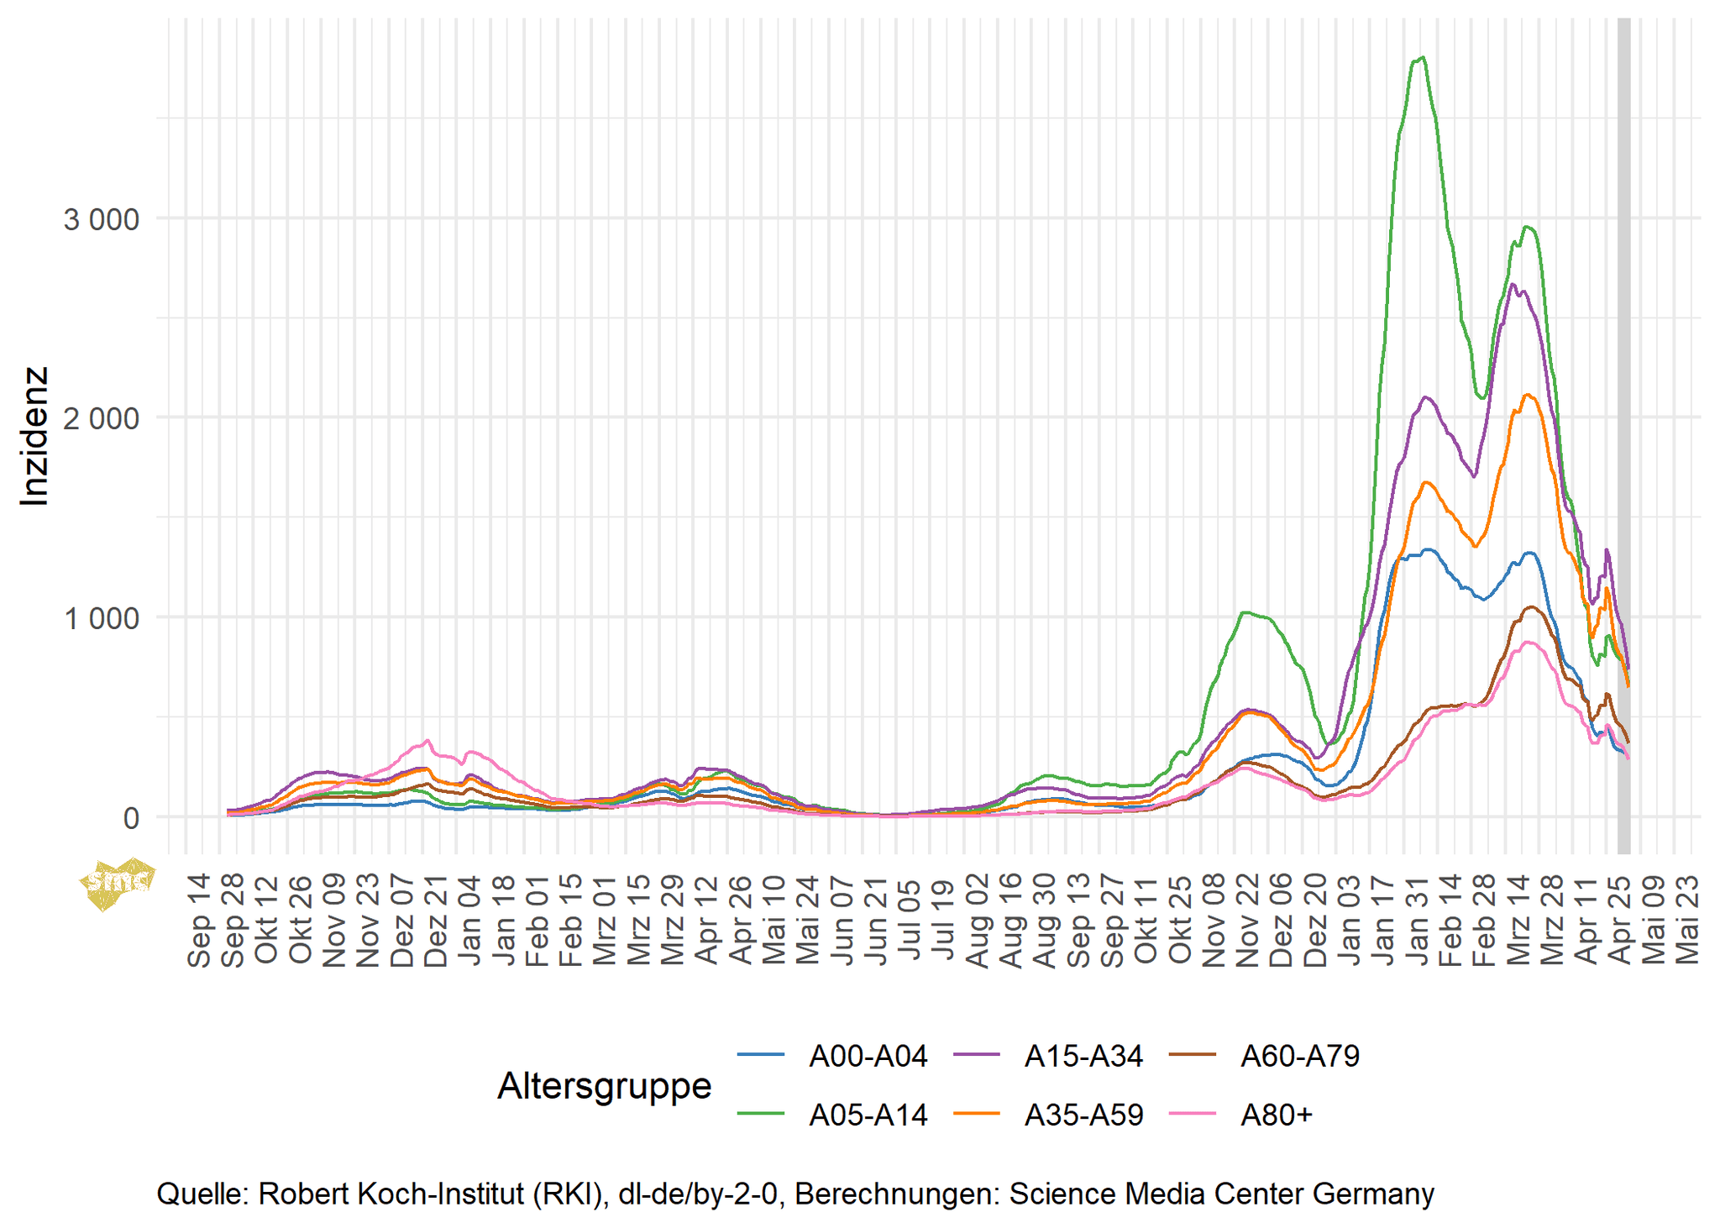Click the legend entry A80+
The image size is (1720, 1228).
(1276, 1115)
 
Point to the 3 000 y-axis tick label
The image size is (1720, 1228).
(101, 219)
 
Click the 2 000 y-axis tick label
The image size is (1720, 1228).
(101, 418)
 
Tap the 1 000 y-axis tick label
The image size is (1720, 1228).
(101, 618)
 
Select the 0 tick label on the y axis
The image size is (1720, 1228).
(130, 818)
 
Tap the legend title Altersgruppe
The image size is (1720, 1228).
(604, 1086)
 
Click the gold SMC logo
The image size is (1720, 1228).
(117, 883)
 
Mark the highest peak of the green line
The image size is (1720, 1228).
(1422, 57)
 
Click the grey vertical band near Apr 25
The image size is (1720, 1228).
(1624, 420)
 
